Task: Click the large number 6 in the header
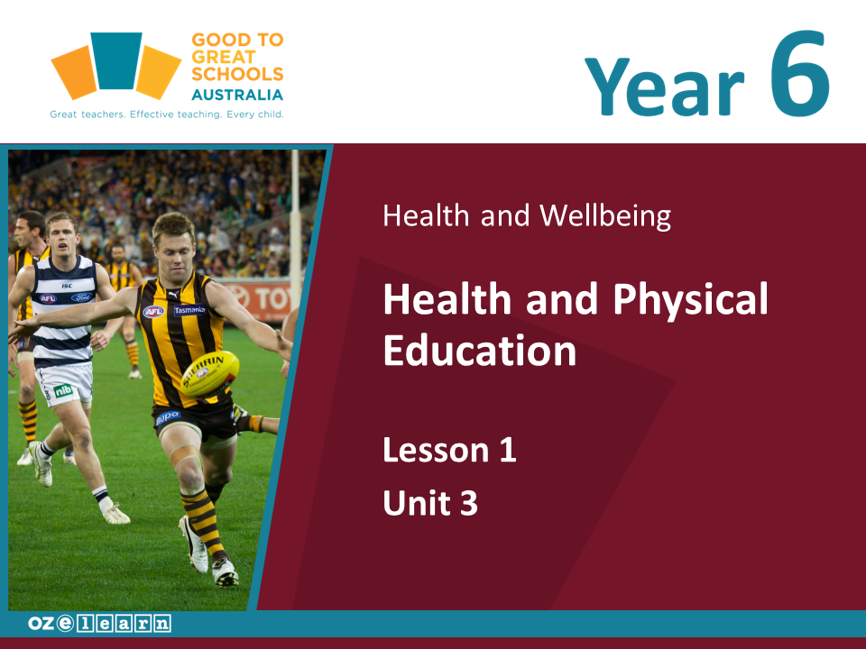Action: point(800,73)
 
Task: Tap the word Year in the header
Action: point(665,87)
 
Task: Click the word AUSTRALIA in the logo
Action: point(237,95)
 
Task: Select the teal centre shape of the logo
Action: point(116,60)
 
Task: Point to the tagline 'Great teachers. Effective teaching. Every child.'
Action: point(167,114)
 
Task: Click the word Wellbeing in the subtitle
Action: point(605,215)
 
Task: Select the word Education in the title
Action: point(479,351)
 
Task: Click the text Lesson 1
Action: point(449,450)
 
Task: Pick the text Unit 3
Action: point(430,503)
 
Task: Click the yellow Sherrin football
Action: point(210,373)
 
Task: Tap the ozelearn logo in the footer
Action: point(99,624)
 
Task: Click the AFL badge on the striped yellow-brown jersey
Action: point(153,312)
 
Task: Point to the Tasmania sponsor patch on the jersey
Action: point(190,310)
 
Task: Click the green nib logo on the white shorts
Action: point(63,390)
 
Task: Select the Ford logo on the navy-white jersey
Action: point(82,297)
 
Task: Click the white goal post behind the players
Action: point(296,221)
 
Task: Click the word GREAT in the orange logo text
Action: point(223,57)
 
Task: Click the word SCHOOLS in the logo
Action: point(237,74)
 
